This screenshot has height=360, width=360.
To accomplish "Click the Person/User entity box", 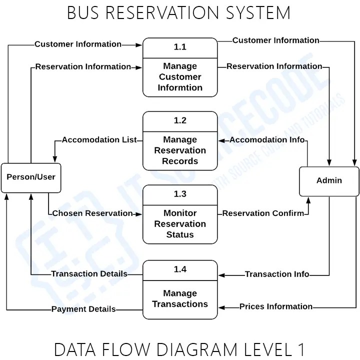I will pos(31,177).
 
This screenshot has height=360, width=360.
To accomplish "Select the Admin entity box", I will pos(329,180).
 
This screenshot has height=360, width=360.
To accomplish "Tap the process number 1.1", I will pos(180,47).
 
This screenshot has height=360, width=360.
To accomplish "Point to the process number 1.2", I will pos(180,120).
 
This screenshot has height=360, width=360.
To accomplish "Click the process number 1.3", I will pos(180,194).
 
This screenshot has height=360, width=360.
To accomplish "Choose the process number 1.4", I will pos(180,269).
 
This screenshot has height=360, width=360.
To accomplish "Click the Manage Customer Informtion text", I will pos(180,77).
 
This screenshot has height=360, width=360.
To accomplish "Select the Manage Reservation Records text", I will pos(180,150).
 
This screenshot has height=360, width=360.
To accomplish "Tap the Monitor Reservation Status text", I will pos(180,223).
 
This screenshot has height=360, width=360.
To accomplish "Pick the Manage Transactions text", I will pos(180,298).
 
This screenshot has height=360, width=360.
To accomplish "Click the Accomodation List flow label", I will pos(99,140).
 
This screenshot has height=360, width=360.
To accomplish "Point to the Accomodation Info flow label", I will pos(267,140).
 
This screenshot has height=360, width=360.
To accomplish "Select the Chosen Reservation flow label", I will pos(92,213).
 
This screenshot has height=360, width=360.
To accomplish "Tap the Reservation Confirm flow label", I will pos(263,213).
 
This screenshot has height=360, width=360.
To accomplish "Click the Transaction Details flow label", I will pos(89,274).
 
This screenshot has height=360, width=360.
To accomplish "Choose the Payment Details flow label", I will pos(83,309).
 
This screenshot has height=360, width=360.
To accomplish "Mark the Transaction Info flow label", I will pos(277,274).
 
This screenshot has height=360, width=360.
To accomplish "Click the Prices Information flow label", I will pos(276,306).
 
